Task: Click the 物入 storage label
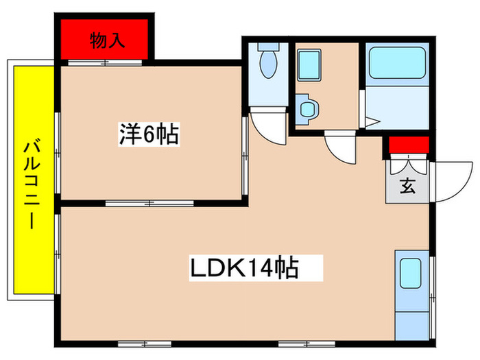click(107, 40)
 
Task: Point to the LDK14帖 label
click(243, 266)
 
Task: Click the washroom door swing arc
click(339, 148)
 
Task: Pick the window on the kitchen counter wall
click(432, 288)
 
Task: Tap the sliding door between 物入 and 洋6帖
click(103, 64)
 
